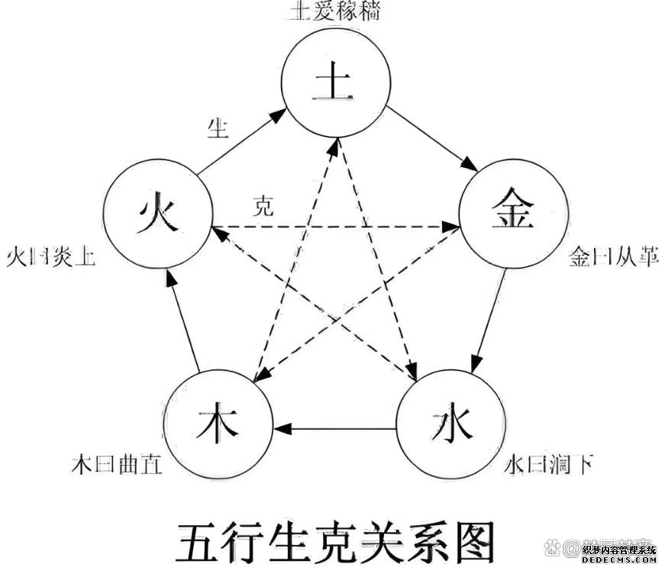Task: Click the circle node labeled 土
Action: (335, 86)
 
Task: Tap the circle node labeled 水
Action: (449, 423)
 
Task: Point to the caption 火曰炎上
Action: (50, 257)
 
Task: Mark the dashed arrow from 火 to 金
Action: (336, 227)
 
